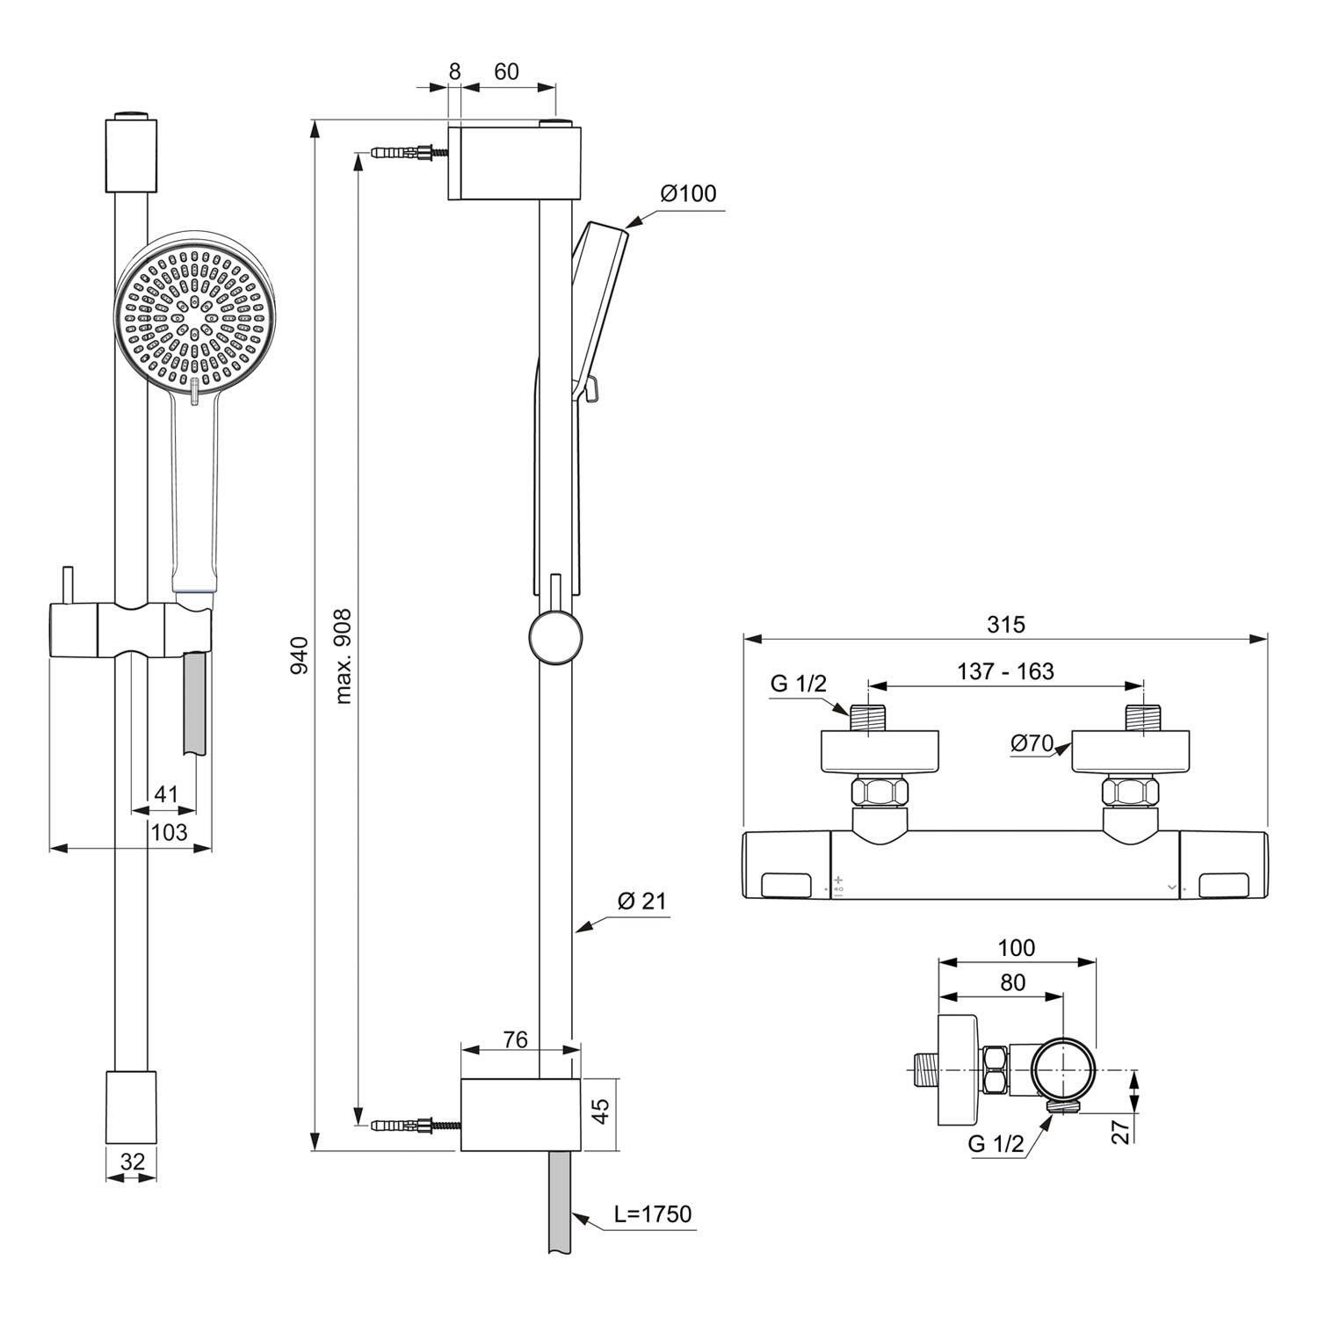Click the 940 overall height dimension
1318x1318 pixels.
click(x=300, y=655)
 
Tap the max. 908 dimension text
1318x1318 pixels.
click(x=344, y=655)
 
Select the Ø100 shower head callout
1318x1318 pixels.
click(x=689, y=193)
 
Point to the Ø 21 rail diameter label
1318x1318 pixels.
click(x=641, y=901)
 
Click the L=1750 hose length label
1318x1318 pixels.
click(x=653, y=1214)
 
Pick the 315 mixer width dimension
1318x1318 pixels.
click(x=1005, y=625)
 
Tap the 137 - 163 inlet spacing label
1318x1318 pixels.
click(x=1005, y=671)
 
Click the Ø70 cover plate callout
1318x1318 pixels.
click(x=1032, y=743)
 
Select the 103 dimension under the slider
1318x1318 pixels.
click(x=169, y=831)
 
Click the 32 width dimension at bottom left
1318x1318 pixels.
click(x=132, y=1162)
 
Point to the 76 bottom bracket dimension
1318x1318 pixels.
click(x=515, y=1040)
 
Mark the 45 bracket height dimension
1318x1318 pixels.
click(x=601, y=1112)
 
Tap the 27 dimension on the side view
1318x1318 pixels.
click(x=1121, y=1132)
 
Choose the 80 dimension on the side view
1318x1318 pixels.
click(x=1012, y=982)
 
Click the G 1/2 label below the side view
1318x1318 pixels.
click(x=996, y=1144)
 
